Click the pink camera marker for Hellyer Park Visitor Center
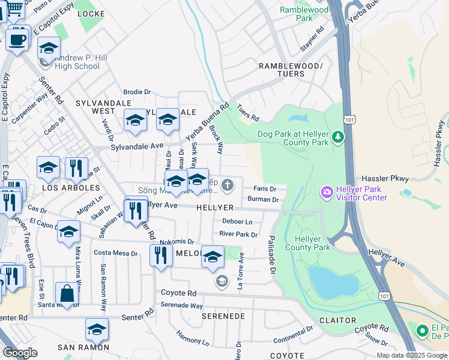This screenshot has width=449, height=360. point(327,192)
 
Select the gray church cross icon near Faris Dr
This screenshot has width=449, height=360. point(228,185)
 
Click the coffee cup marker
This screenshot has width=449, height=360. point(17,40)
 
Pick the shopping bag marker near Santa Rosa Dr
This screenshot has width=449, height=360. point(67,294)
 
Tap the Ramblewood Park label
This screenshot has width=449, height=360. point(304,14)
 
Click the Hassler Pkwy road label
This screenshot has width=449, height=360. point(385,179)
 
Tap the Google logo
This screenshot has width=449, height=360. point(20,353)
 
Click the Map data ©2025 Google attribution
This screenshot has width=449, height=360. point(412,355)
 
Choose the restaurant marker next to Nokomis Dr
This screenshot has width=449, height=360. point(160,254)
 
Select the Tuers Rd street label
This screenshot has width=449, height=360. point(247,111)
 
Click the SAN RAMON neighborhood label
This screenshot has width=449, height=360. point(83,347)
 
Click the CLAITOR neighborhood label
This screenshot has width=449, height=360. point(337,320)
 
